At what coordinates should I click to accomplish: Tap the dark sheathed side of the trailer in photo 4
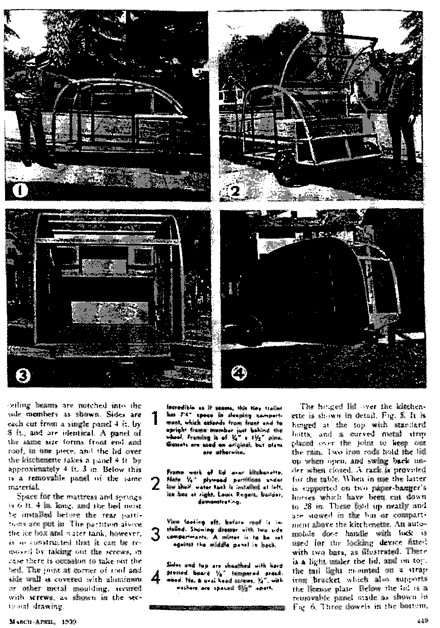point(305,282)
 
